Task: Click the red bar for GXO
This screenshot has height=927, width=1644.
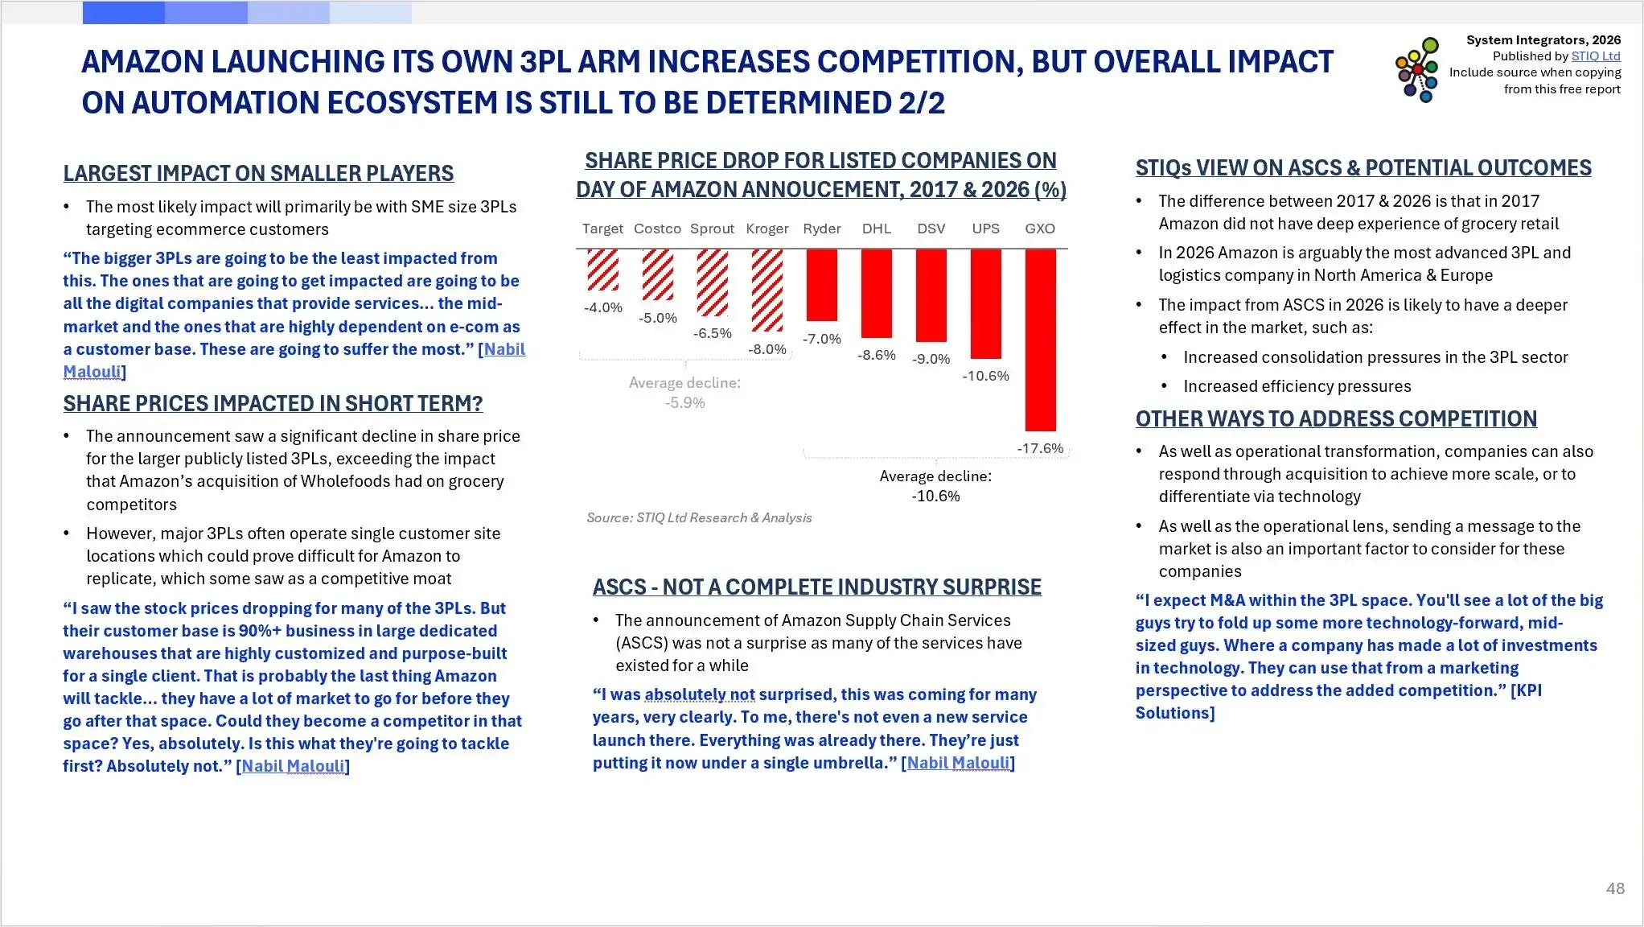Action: point(1040,340)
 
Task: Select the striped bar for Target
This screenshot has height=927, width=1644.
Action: point(602,270)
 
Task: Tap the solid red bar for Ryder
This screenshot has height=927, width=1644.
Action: point(821,285)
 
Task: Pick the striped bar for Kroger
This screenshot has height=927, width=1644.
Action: point(767,290)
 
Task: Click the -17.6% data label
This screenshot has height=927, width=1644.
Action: point(1040,448)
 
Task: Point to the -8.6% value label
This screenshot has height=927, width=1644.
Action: point(876,355)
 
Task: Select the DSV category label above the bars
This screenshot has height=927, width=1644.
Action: point(931,229)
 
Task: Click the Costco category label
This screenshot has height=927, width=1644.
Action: point(657,229)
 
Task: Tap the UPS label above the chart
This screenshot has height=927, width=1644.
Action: point(985,229)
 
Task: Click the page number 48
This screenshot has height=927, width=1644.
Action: point(1615,888)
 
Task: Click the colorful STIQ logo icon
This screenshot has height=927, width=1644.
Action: point(1417,70)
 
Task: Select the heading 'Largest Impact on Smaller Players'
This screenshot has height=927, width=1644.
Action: point(258,173)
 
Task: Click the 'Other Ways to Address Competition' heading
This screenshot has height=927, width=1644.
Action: point(1336,418)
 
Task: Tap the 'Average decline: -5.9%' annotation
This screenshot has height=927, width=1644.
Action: point(685,393)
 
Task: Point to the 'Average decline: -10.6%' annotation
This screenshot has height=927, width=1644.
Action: point(935,486)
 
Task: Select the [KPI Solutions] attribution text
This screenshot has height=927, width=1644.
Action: point(1338,702)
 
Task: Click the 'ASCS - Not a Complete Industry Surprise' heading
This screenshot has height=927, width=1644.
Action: point(817,587)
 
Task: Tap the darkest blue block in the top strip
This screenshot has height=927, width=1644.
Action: point(123,13)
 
